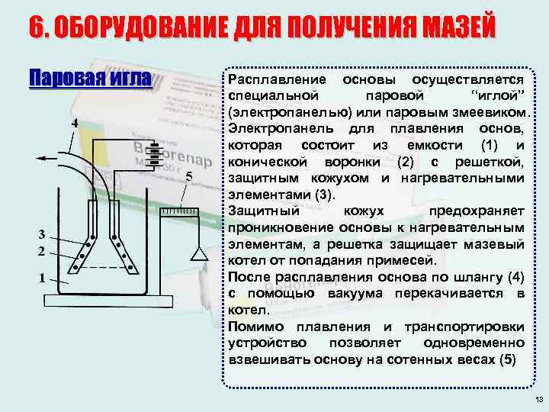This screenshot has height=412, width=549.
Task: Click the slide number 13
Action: click(538, 400)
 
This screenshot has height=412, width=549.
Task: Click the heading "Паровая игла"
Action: click(90, 79)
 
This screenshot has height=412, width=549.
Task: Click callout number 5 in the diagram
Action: click(189, 176)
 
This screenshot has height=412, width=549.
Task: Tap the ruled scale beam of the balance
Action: click(180, 209)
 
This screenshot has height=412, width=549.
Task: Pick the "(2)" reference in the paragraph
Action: click(407, 162)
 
